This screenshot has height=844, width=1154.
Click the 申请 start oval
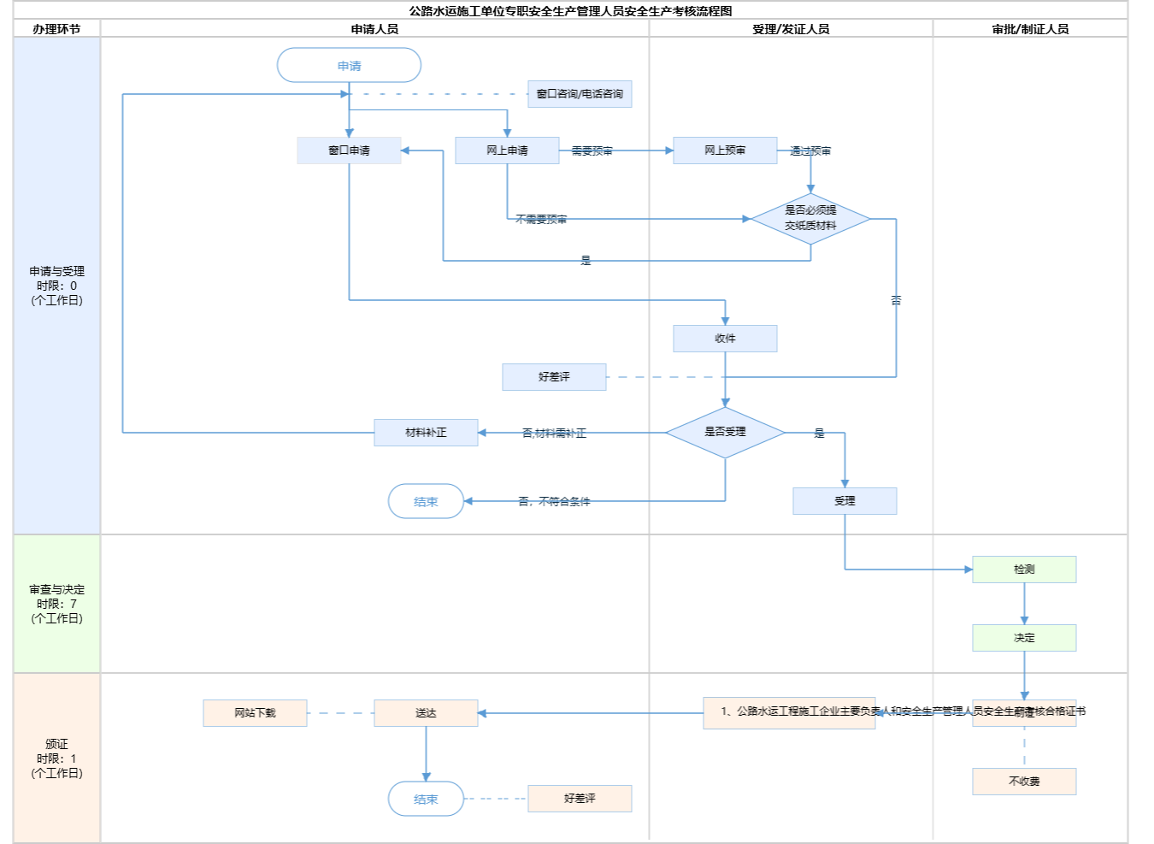349,66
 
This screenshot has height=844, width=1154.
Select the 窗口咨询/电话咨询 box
580,94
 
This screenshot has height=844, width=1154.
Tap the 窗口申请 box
349,151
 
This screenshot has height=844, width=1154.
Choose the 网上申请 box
507,151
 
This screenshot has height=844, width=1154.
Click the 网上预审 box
725,151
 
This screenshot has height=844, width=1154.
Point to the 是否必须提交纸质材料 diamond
810,219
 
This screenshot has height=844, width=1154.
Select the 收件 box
725,339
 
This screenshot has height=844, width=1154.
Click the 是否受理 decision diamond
725,433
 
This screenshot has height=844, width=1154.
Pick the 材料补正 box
426,433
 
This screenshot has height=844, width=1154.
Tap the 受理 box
845,501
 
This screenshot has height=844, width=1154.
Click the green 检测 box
1024,570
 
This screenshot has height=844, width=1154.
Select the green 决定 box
1024,638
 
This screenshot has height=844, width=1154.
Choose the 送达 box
426,713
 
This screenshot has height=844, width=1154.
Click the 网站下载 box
255,713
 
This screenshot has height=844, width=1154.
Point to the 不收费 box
1024,782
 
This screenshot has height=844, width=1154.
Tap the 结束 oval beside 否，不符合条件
426,502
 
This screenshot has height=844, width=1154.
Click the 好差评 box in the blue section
554,377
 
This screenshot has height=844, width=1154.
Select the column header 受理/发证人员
791,29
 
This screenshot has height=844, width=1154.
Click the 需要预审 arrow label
592,151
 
